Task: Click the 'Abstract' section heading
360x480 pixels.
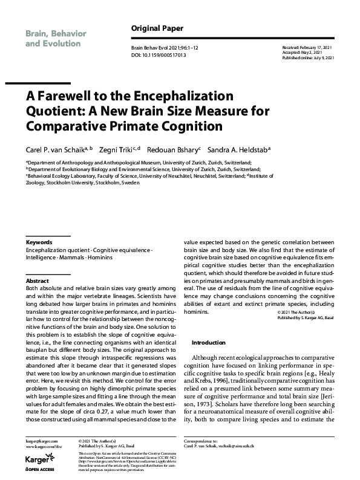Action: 37,281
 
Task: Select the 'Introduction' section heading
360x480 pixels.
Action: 208,343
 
